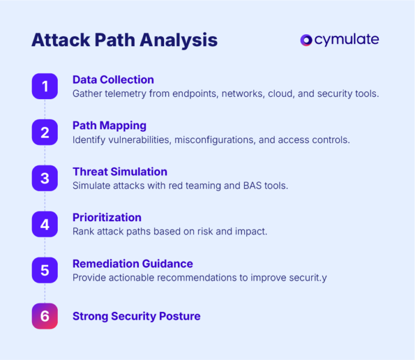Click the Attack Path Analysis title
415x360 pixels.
(124, 40)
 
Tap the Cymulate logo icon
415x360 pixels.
(306, 40)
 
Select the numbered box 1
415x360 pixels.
(45, 86)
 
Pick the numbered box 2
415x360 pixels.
(45, 132)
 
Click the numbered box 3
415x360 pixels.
(45, 178)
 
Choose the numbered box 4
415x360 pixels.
(45, 224)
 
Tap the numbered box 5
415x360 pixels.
(45, 270)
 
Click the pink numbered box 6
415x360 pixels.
(45, 316)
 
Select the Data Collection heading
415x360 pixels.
(113, 79)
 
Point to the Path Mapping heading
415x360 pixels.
(109, 125)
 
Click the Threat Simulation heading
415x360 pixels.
(120, 171)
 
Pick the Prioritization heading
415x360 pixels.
(107, 217)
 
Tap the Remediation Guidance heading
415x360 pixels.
(132, 263)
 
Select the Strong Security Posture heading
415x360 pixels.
(137, 316)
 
